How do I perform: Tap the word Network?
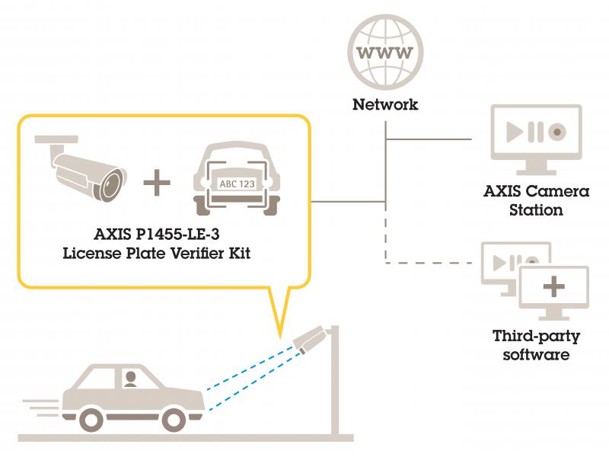click(x=385, y=105)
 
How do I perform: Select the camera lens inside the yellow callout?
click(x=113, y=183)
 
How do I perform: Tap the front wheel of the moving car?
click(x=178, y=419)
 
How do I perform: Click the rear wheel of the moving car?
click(x=91, y=419)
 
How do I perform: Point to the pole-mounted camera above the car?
click(x=310, y=339)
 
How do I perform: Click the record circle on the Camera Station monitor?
click(x=559, y=131)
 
